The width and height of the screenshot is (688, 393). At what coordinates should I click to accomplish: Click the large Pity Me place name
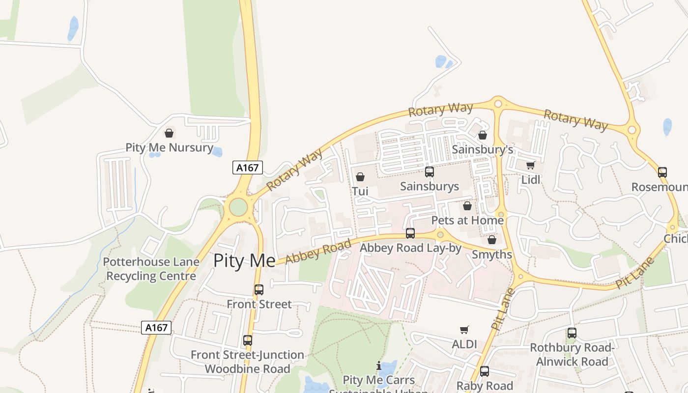(x=244, y=261)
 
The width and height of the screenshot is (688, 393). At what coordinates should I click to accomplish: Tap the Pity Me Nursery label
(x=169, y=147)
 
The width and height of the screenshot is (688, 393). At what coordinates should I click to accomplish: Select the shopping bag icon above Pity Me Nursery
(x=169, y=133)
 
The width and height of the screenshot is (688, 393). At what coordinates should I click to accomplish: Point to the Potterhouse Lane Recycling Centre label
(x=151, y=269)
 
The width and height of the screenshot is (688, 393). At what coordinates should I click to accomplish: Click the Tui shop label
(x=360, y=191)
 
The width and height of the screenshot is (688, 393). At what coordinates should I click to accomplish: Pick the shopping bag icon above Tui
(x=360, y=177)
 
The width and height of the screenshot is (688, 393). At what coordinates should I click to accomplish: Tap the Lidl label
(x=531, y=180)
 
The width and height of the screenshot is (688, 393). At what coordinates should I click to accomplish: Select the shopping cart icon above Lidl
(x=530, y=166)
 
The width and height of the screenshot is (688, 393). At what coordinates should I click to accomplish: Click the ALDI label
(x=464, y=344)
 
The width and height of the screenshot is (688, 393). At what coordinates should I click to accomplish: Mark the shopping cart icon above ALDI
(x=464, y=330)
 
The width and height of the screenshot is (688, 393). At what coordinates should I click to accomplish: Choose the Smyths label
(x=492, y=254)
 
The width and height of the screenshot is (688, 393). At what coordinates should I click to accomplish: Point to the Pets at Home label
(x=467, y=220)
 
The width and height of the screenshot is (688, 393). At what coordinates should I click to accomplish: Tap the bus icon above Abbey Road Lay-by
(x=410, y=233)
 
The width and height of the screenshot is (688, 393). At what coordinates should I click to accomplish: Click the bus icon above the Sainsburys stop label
(x=430, y=172)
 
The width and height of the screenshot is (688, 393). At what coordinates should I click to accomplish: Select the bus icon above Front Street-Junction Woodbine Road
(x=248, y=340)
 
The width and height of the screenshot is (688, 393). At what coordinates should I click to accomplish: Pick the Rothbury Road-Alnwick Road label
(x=572, y=355)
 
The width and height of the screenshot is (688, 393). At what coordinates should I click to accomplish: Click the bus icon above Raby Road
(x=485, y=371)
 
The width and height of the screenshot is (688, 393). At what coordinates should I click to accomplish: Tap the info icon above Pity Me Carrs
(x=378, y=366)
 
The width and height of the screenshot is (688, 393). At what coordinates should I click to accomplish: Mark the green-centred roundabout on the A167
(x=238, y=207)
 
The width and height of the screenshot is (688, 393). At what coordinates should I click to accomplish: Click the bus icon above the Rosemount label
(x=662, y=172)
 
